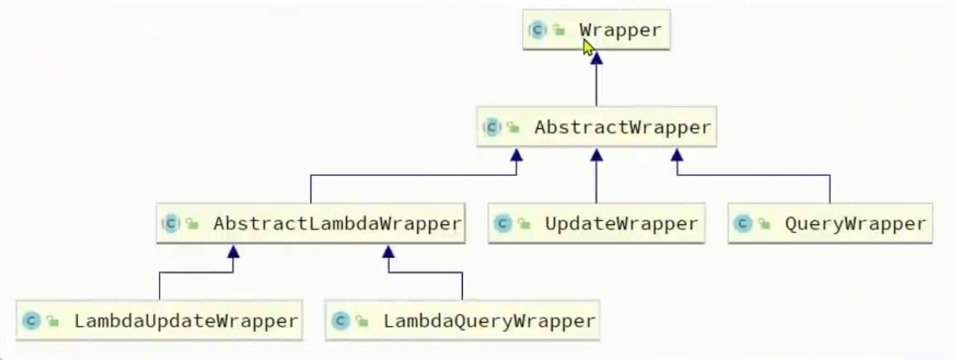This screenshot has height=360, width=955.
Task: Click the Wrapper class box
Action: tap(596, 30)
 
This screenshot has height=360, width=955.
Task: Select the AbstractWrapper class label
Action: tap(622, 128)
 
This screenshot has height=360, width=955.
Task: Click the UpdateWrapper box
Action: tap(596, 223)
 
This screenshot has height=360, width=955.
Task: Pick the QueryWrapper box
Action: tap(829, 223)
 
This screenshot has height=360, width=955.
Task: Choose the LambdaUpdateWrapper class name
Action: tap(186, 321)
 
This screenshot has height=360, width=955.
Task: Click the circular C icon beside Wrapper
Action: tap(537, 30)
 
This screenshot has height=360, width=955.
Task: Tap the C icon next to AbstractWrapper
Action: tap(492, 128)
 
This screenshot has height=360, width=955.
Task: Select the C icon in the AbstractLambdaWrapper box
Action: tap(172, 223)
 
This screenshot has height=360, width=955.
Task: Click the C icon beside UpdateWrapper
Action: tap(503, 223)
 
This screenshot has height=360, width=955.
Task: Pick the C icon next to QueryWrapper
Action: tap(743, 223)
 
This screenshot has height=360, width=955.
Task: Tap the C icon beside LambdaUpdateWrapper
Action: tap(32, 321)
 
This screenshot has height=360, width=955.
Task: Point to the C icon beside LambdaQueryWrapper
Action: tap(341, 321)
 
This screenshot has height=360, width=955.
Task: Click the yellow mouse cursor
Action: tap(588, 48)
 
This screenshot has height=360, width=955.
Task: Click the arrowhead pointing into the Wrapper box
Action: tap(596, 58)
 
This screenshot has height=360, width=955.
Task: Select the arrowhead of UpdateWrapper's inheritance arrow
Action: tap(596, 154)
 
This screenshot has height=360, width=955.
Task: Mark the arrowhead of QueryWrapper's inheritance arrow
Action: tap(677, 154)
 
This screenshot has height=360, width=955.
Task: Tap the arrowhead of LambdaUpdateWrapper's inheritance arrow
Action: tap(233, 252)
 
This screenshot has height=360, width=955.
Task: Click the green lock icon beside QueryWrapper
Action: tap(763, 224)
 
